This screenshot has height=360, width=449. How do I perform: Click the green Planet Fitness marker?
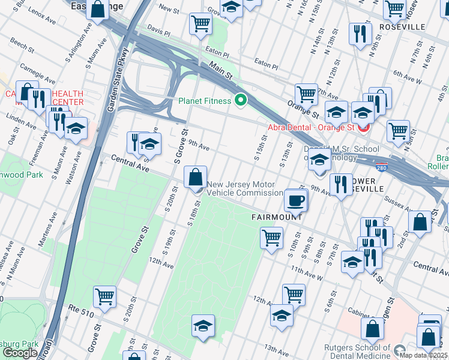241,100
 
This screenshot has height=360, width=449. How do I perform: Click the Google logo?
20,352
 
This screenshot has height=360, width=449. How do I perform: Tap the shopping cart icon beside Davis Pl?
200,24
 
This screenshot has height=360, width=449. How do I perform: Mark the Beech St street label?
21,44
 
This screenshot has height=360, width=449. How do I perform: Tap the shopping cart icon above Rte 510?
105,296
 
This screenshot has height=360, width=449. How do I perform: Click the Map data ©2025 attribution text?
423,355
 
